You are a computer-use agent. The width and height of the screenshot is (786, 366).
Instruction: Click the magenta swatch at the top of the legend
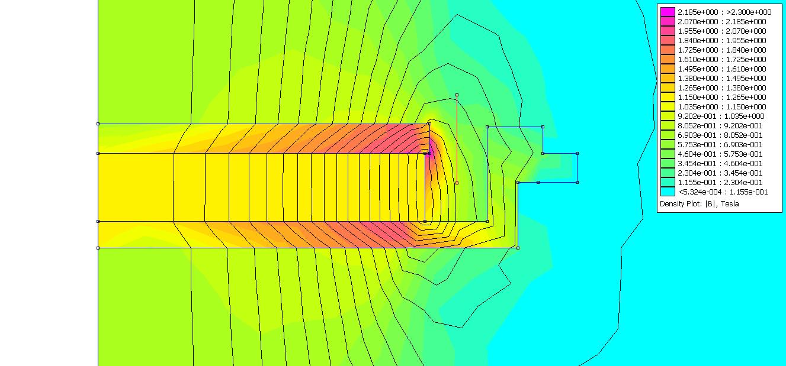pos(668,12)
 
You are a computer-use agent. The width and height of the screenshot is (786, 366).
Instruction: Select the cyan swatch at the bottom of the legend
pos(668,192)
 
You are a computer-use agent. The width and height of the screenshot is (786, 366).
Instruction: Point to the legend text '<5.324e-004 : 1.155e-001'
pos(723,192)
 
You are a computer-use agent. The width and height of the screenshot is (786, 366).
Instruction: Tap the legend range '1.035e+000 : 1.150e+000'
pos(722,106)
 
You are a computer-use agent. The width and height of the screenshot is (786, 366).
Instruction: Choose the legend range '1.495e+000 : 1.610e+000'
pos(722,69)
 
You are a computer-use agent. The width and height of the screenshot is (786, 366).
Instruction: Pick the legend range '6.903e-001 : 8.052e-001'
pos(722,135)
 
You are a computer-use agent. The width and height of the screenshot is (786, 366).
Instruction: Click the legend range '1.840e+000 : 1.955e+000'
pos(722,40)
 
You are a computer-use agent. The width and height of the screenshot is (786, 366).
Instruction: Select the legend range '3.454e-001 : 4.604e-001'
pos(722,163)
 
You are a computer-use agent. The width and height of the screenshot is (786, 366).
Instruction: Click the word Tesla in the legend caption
pos(730,203)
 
